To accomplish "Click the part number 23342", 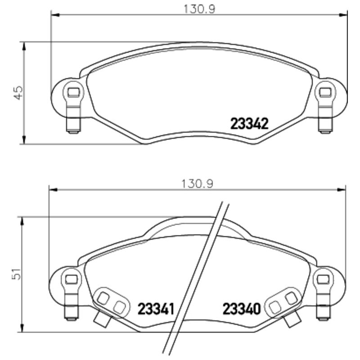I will (249, 123).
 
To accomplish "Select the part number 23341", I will (156, 309).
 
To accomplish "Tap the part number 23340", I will (242, 309).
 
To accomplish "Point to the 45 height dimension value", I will (18, 93).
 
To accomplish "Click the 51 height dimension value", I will (17, 274).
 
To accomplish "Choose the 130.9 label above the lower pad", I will (197, 184).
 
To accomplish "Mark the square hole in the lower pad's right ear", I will (322, 279).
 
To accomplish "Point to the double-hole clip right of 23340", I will (283, 302).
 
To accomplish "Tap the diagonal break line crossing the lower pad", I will (196, 279).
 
